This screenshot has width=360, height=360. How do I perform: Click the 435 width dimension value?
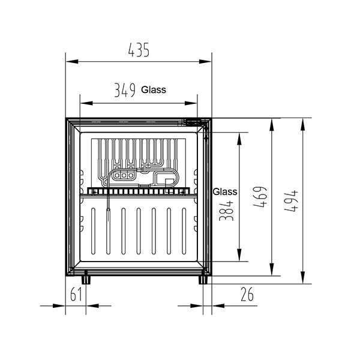[139, 52]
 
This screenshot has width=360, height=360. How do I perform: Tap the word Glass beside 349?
[154, 90]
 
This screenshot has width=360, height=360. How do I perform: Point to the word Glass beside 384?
[225, 192]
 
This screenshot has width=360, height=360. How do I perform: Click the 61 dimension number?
[76, 295]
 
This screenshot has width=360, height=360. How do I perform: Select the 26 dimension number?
[247, 295]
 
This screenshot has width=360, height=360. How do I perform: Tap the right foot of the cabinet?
[203, 278]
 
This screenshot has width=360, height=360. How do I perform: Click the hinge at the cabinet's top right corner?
[203, 122]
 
